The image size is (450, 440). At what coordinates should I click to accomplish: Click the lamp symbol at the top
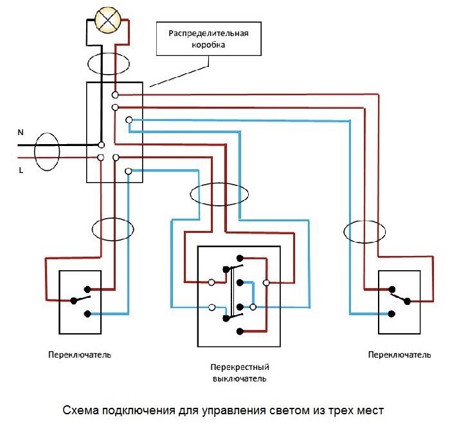tap(107, 20)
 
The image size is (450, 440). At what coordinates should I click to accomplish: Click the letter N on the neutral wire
tap(21, 133)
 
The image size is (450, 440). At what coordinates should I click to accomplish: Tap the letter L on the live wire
tap(21, 170)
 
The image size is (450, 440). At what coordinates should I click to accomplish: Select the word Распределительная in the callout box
tap(208, 33)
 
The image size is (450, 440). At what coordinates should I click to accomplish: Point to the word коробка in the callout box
tap(208, 45)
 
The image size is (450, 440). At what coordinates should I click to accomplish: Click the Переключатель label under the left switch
tap(80, 354)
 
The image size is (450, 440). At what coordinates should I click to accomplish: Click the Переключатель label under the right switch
tap(399, 354)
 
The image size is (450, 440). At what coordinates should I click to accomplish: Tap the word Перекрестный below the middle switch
tap(240, 367)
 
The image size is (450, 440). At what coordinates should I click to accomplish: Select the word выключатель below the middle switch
tap(240, 378)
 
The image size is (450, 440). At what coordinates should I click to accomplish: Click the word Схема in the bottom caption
tap(80, 410)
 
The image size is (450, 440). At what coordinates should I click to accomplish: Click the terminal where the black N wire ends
tap(101, 145)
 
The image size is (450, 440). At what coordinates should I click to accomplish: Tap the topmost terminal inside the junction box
tap(115, 95)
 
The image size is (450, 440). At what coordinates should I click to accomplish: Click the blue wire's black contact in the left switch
tap(87, 314)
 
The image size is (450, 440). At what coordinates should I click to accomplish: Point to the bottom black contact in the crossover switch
tap(240, 332)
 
